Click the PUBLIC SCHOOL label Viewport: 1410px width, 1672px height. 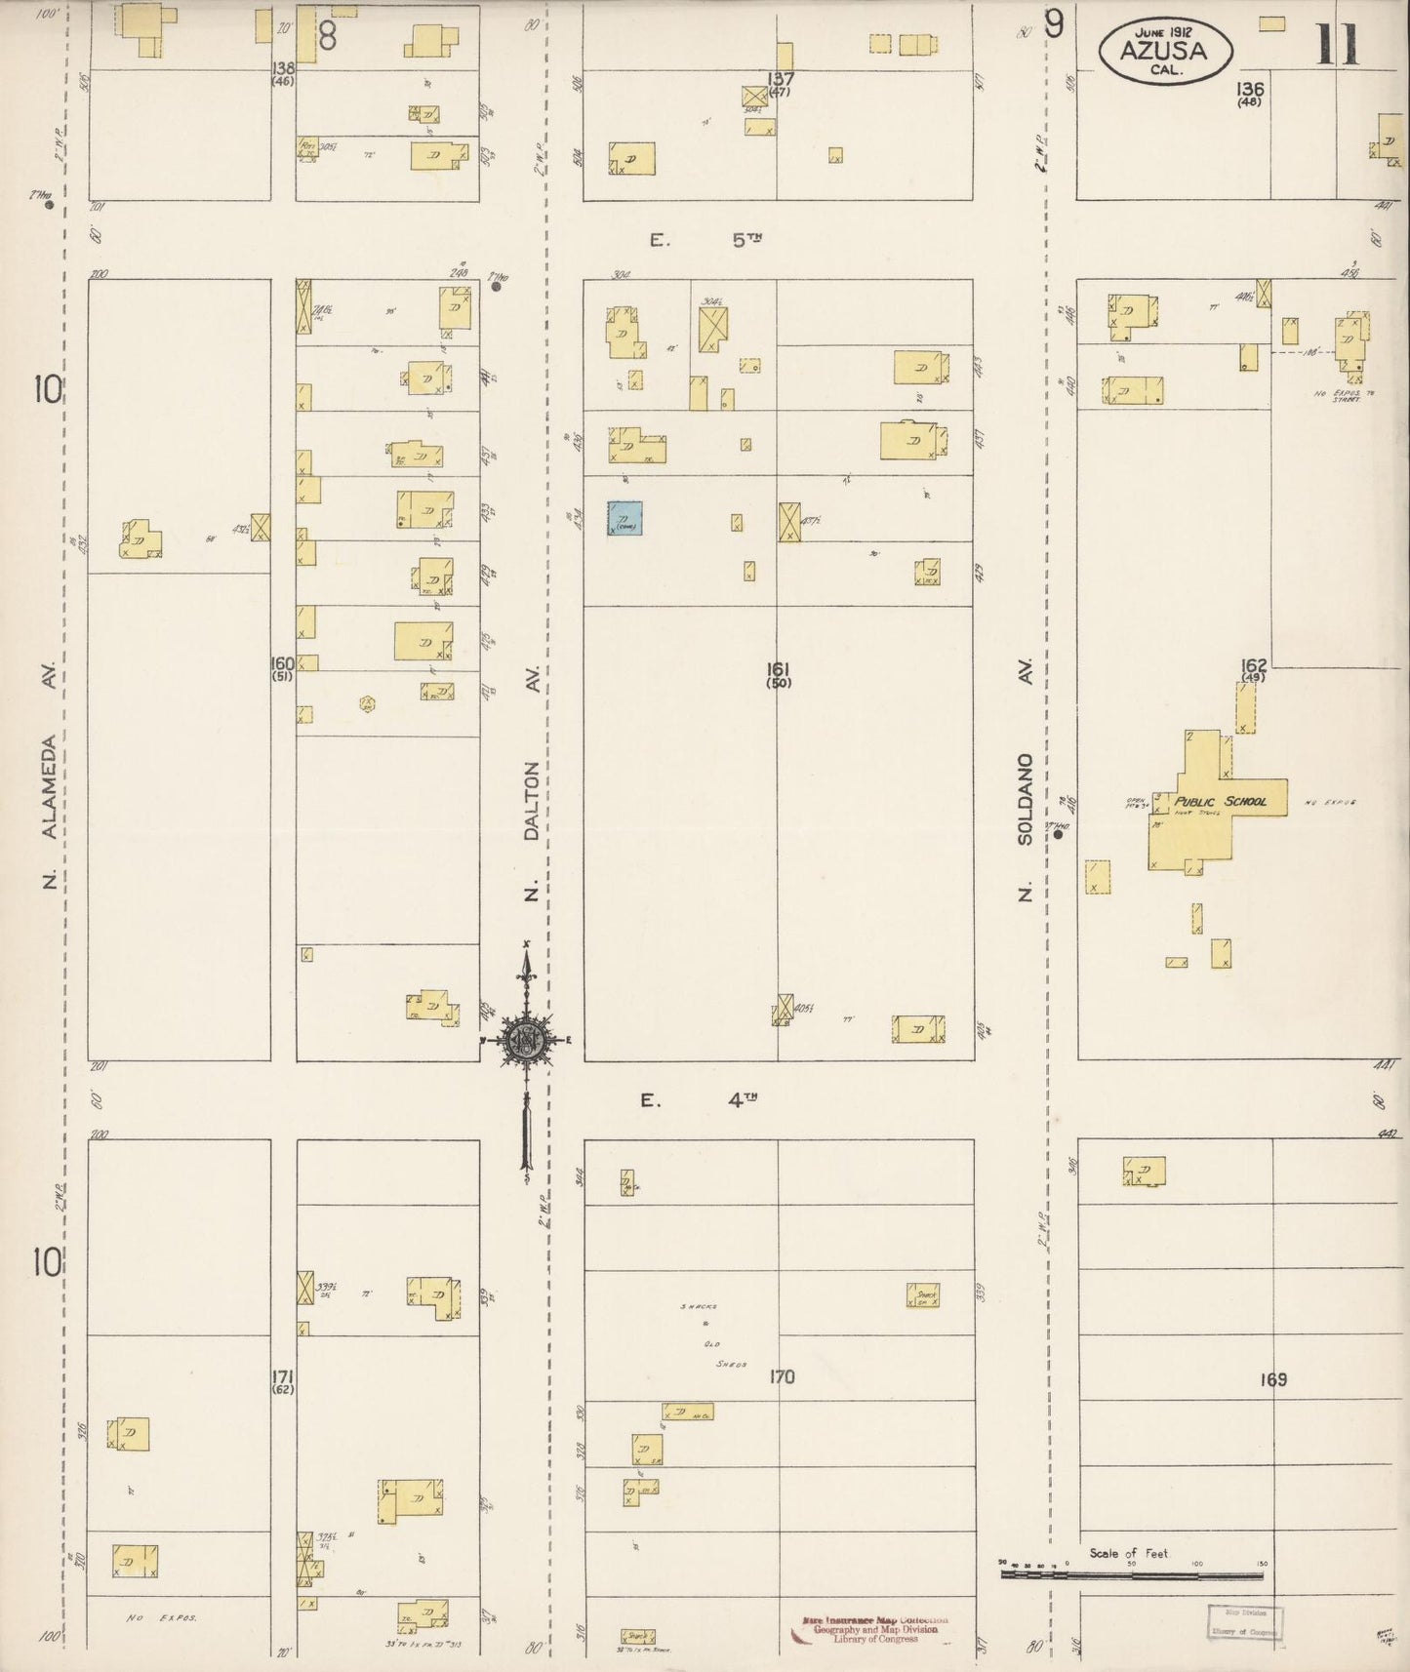coord(1220,801)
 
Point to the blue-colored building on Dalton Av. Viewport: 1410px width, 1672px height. coord(624,519)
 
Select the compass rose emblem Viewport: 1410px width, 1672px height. coord(527,1041)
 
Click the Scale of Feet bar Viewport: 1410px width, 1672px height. coord(1132,1572)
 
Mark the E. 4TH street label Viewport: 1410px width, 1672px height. coord(699,1100)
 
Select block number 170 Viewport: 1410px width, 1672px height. coord(782,1376)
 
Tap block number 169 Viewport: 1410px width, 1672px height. coord(1272,1379)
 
